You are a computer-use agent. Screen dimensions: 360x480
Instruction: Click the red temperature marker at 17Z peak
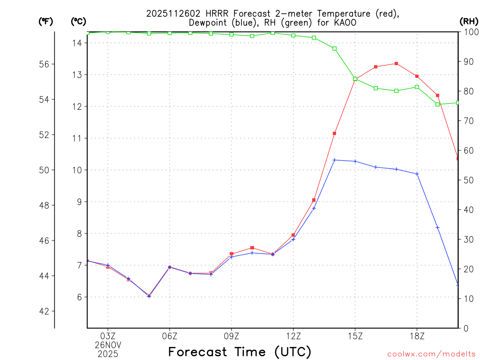397,63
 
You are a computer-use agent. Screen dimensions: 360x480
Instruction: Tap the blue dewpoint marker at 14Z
335,160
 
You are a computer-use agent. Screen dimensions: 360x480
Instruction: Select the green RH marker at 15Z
355,79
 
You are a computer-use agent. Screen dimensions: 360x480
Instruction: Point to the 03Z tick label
108,336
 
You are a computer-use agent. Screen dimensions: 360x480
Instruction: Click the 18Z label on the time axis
417,336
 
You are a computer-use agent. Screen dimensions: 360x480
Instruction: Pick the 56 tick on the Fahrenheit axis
44,64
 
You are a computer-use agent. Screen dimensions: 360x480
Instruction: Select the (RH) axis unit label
468,21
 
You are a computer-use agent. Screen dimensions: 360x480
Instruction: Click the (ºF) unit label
45,21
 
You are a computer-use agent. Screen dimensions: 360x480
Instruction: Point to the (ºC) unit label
78,21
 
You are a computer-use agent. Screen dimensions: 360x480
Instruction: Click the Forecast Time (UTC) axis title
240,352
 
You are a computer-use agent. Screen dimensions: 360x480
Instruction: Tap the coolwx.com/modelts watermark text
431,354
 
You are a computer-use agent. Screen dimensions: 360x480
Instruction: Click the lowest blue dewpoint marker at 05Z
149,296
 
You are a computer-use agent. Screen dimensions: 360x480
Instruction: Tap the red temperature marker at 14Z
335,134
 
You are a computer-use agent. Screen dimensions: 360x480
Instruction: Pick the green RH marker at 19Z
438,104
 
